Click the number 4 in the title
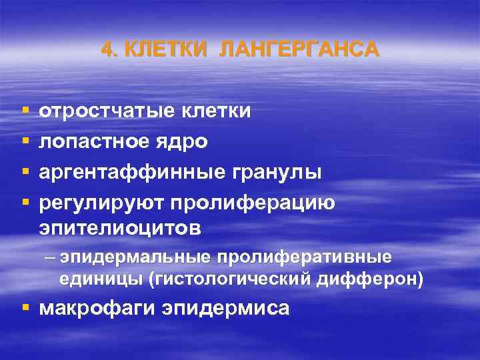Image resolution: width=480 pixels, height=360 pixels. (x=107, y=50)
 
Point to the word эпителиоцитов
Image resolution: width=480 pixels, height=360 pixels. (x=120, y=229)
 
